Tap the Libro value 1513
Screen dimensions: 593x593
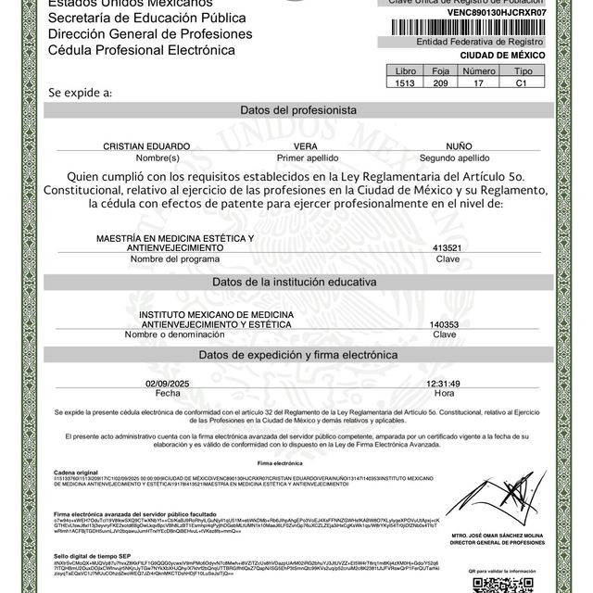[x=406, y=83]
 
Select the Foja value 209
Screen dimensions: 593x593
[x=440, y=83]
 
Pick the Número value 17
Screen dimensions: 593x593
[x=478, y=83]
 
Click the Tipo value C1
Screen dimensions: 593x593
[x=523, y=83]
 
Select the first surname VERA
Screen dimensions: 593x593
[x=306, y=147]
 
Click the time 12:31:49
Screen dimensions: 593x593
[x=443, y=383]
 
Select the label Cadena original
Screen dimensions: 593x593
[x=76, y=471]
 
